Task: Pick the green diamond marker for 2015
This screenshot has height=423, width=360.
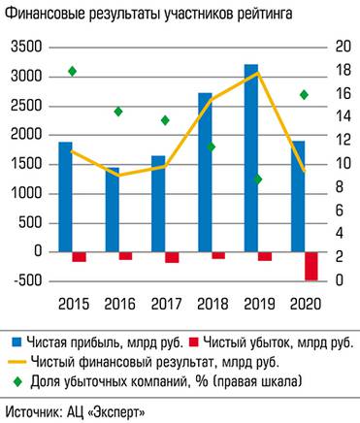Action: click(x=72, y=71)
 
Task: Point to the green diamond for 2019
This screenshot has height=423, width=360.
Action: click(x=258, y=179)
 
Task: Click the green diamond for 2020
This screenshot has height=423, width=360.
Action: click(x=304, y=94)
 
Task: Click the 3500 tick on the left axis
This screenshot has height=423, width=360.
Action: click(x=26, y=47)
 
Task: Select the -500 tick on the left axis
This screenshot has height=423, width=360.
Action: click(x=26, y=281)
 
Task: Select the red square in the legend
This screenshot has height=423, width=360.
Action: click(x=193, y=342)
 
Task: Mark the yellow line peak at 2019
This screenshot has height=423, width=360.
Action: click(x=256, y=74)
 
